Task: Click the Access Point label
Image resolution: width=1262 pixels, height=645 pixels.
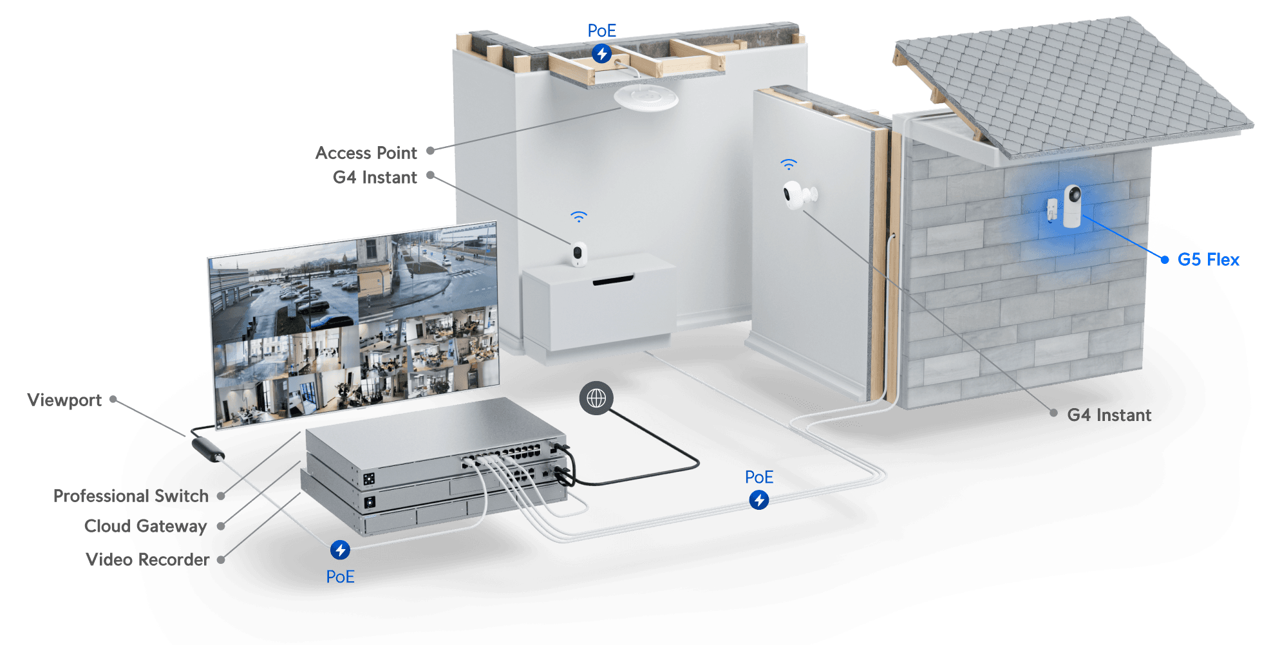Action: pyautogui.click(x=366, y=153)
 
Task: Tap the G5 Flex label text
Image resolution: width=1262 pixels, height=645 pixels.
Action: pyautogui.click(x=1208, y=259)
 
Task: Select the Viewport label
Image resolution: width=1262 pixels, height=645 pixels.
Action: pyautogui.click(x=64, y=400)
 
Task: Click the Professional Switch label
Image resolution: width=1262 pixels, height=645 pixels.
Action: pyautogui.click(x=131, y=496)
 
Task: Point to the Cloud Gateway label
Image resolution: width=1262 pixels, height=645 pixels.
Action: pyautogui.click(x=146, y=527)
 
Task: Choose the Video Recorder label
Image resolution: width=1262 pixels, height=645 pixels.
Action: pyautogui.click(x=147, y=559)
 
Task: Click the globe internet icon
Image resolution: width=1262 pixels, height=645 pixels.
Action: pyautogui.click(x=596, y=398)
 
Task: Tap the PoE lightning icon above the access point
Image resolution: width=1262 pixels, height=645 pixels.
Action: pyautogui.click(x=602, y=53)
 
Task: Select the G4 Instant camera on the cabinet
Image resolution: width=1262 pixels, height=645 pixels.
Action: pyautogui.click(x=579, y=254)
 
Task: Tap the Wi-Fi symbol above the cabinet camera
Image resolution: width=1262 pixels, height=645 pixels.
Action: pyautogui.click(x=579, y=217)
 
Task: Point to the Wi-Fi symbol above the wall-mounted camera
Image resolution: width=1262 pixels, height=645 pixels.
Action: pyautogui.click(x=789, y=164)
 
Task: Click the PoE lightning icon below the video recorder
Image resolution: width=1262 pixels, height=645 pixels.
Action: pyautogui.click(x=340, y=550)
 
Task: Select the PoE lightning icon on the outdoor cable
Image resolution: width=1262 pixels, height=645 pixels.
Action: pyautogui.click(x=759, y=500)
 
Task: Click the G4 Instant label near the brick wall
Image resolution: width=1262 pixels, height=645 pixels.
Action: pyautogui.click(x=1109, y=415)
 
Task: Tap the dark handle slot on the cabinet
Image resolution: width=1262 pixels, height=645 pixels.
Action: pyautogui.click(x=613, y=280)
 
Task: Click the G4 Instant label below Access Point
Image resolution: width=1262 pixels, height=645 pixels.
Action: pyautogui.click(x=375, y=178)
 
